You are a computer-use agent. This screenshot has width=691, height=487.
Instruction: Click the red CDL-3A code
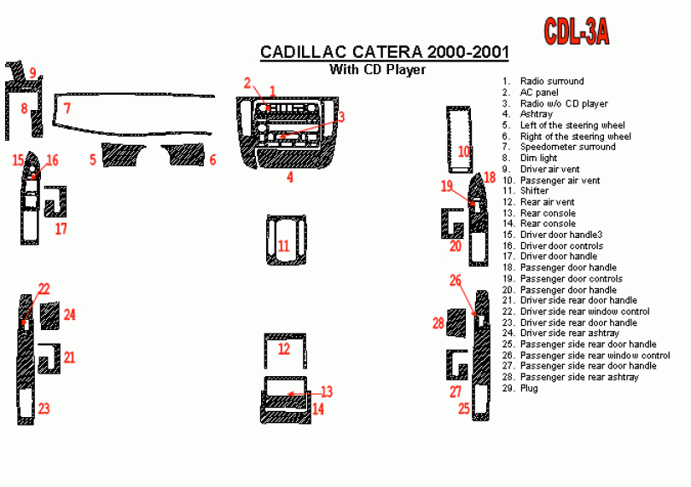click(577, 32)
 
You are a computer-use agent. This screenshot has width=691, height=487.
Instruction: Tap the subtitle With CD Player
click(378, 70)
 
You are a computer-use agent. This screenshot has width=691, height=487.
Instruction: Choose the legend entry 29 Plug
click(520, 388)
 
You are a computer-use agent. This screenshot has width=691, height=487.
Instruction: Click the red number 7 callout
click(67, 108)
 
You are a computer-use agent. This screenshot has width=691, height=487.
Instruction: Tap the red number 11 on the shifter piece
click(284, 246)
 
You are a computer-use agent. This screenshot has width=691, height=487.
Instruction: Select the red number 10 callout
click(463, 152)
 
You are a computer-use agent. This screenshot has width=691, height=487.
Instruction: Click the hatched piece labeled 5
click(124, 154)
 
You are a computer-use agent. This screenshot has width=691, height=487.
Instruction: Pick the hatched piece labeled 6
click(183, 154)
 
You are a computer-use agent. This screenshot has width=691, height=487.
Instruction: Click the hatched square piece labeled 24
click(49, 316)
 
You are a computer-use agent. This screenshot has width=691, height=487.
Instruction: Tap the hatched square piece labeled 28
click(456, 323)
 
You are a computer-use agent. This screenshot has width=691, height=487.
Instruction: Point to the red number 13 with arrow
click(327, 391)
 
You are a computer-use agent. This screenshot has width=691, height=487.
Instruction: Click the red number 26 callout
click(456, 281)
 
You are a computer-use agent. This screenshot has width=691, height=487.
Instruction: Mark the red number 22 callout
click(44, 289)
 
